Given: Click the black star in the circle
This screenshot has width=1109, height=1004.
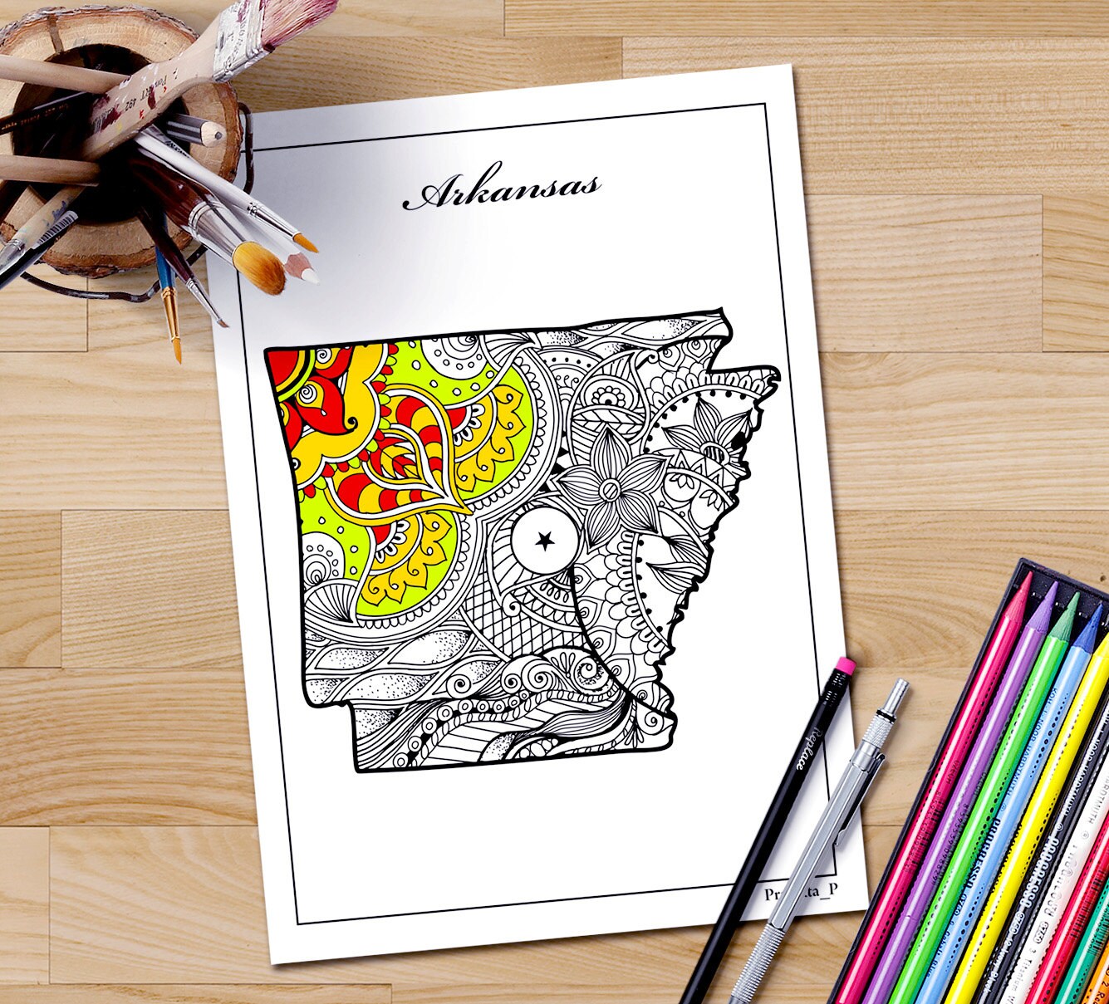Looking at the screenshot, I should click(x=544, y=541).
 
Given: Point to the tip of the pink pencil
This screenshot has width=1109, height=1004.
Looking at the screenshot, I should click(x=1029, y=580).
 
